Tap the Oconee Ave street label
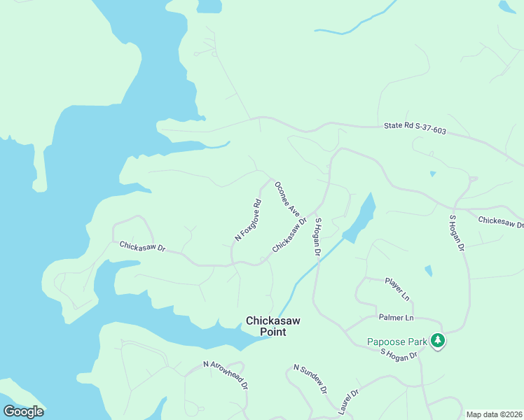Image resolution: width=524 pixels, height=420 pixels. coord(287,199)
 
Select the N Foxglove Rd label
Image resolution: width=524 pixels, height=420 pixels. coord(248,220)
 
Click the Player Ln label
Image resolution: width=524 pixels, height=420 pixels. coord(397,286)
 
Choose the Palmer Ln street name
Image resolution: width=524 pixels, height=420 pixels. coord(396,317)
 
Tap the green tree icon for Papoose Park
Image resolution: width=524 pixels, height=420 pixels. coord(438,341)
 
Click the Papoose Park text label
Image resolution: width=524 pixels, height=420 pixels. coord(397,342)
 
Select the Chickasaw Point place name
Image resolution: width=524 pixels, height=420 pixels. coord(273,326)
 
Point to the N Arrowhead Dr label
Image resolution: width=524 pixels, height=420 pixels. coord(226,375)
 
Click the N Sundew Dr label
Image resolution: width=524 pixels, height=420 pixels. coord(310,379)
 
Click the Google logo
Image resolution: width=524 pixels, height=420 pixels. coord(23,411)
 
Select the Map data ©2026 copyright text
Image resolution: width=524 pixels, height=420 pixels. coord(493,414)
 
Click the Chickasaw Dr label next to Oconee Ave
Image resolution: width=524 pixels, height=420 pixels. coord(289,235)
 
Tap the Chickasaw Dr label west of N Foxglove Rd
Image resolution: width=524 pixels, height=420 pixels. coord(142,246)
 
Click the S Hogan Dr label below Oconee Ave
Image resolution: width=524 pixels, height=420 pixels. coord(317,236)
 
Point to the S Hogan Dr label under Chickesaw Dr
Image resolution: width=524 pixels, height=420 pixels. coord(456,233)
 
